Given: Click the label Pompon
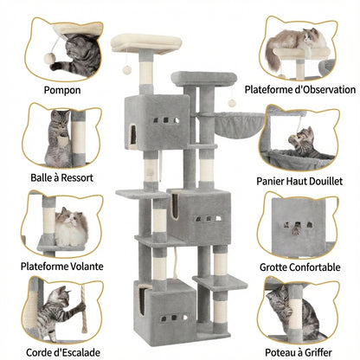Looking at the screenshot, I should (61, 88).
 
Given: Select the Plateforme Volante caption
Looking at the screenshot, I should (61, 266).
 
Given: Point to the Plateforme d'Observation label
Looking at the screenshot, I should (299, 89).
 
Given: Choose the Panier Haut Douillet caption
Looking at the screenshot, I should (299, 181).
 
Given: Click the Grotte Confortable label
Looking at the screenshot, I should (299, 267).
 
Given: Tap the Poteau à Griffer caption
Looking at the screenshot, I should (299, 351).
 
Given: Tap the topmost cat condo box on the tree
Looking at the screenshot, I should (156, 120).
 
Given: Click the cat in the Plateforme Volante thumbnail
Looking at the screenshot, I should (71, 228).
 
